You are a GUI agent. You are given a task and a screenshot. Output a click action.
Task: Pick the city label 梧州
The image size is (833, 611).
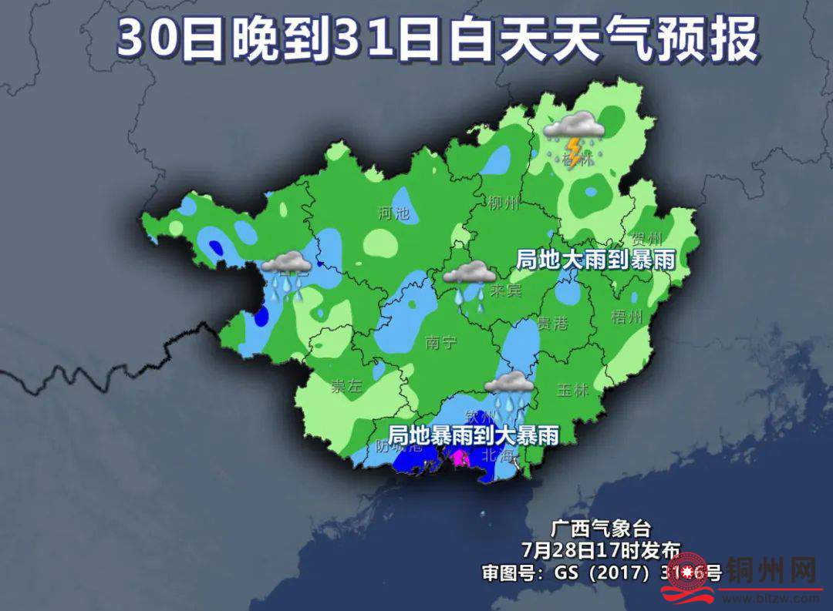click(626, 317)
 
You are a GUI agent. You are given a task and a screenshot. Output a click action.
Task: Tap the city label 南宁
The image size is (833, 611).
click(440, 343)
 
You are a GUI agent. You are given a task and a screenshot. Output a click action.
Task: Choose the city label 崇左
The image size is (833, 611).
click(346, 387)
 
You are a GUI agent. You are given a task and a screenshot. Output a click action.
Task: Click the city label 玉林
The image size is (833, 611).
click(572, 390)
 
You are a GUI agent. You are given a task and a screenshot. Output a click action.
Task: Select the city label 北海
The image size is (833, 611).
click(497, 455)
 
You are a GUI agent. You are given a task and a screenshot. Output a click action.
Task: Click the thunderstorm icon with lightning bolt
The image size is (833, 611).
click(574, 134)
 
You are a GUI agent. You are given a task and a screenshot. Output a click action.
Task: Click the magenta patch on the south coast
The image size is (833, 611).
click(460, 459)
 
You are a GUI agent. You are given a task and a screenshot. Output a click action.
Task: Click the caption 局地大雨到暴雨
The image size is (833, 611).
click(595, 260)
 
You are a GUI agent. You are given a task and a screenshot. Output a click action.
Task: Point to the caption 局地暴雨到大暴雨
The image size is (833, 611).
click(473, 435)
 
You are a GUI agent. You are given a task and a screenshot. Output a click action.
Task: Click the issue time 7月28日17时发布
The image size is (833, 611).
click(601, 550)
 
